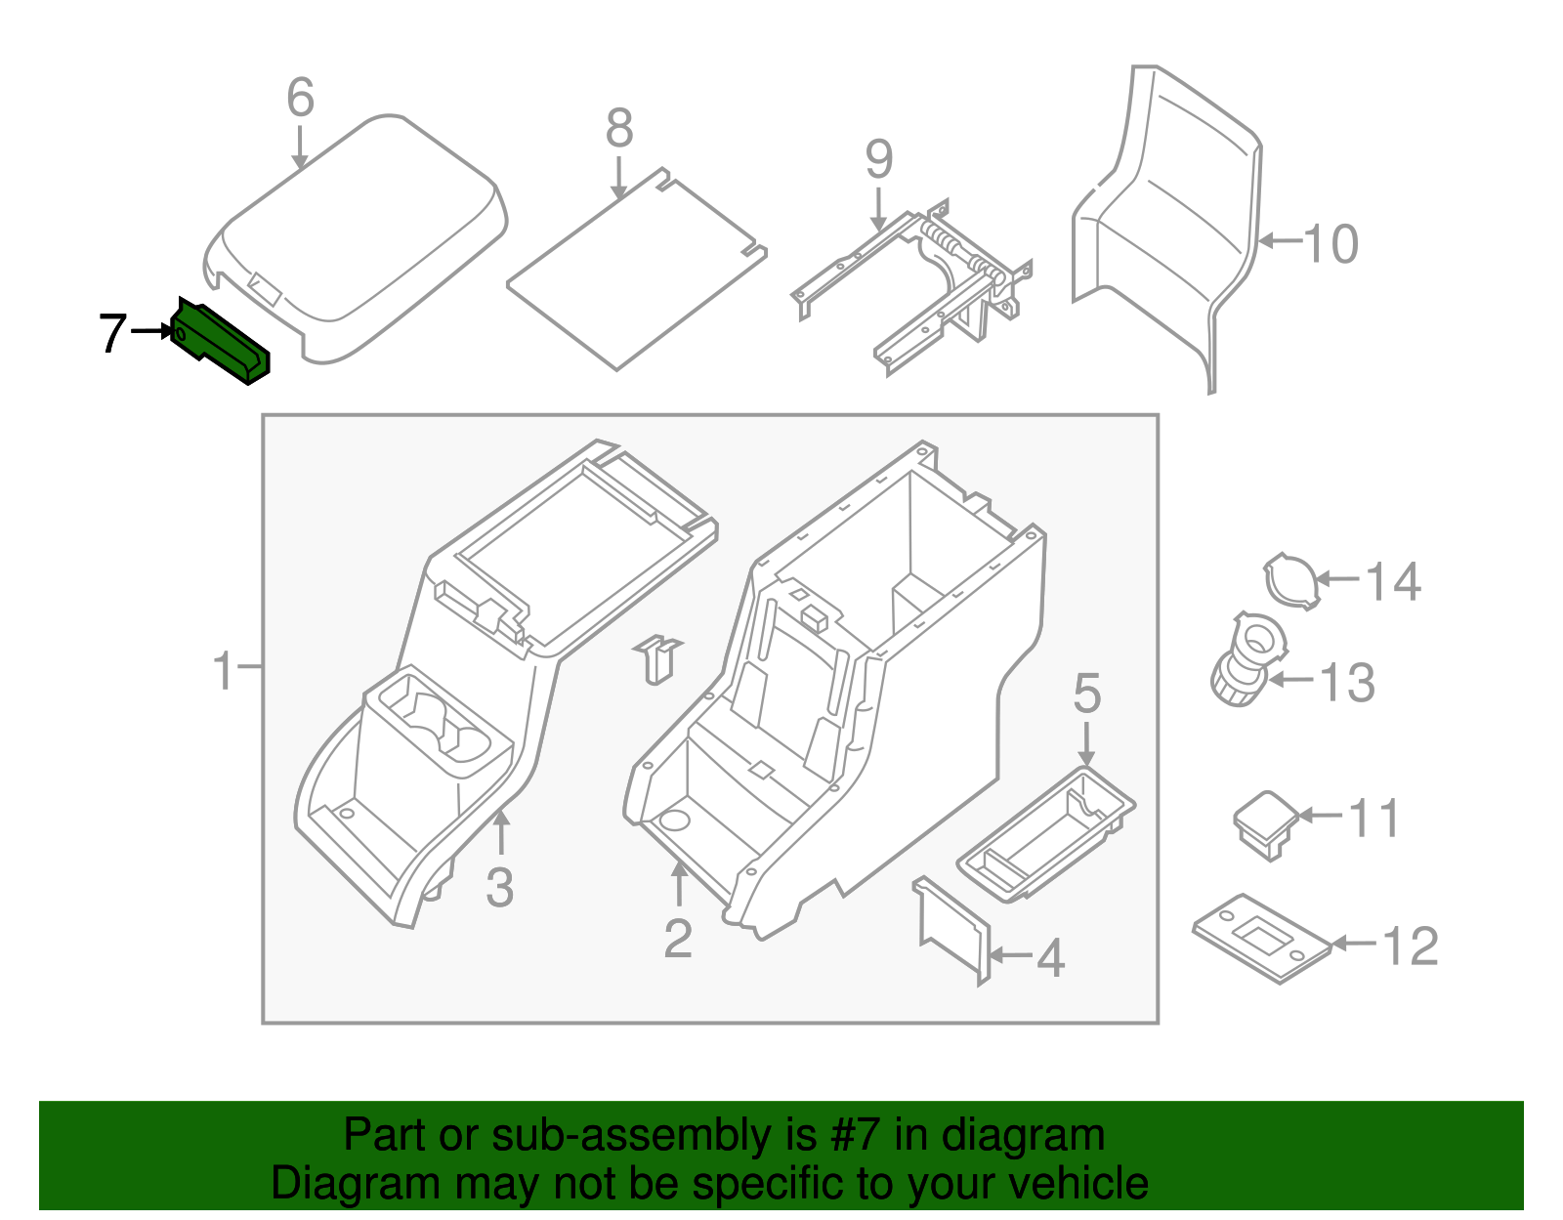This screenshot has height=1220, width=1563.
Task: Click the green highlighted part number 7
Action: tap(221, 341)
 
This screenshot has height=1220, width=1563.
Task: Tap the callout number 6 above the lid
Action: tap(300, 98)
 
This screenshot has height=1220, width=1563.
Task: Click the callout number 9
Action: tap(878, 159)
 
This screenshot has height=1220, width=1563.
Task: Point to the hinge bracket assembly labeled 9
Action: tap(913, 283)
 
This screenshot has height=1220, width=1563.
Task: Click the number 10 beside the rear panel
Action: tap(1331, 243)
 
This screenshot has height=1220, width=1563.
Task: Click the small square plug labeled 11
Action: tap(1264, 821)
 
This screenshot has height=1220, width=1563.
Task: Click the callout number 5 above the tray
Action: tap(1086, 694)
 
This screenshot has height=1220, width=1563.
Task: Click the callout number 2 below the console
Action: tap(678, 938)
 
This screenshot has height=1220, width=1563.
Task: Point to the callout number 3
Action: tap(499, 888)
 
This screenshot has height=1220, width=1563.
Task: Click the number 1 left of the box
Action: tap(224, 671)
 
